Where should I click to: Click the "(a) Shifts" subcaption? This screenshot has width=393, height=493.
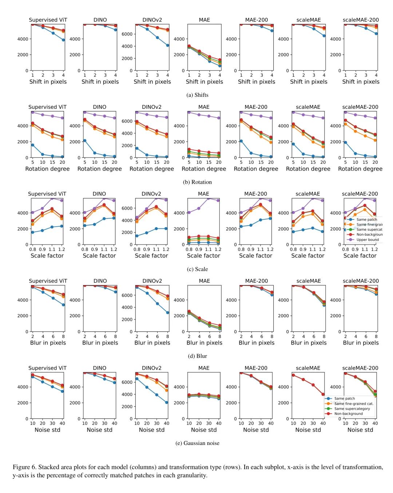(x=197, y=95)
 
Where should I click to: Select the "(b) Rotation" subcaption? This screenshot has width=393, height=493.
(x=197, y=182)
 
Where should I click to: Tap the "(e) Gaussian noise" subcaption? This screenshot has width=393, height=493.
(x=197, y=443)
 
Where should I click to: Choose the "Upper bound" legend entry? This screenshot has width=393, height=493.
(x=368, y=240)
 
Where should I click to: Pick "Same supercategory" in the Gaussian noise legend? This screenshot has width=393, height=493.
(x=352, y=409)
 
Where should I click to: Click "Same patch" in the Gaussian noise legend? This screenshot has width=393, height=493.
(x=344, y=398)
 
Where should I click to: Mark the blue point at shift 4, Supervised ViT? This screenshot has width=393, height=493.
(x=63, y=40)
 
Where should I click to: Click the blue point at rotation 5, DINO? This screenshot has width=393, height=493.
(x=85, y=140)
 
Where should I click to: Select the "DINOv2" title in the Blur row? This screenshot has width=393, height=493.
(x=152, y=281)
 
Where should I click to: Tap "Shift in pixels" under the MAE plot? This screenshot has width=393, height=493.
(x=204, y=82)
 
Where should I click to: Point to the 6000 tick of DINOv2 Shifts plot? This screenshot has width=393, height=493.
(x=127, y=34)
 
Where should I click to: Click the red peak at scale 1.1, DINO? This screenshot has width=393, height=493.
(x=104, y=205)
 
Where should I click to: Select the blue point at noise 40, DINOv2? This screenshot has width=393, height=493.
(x=167, y=402)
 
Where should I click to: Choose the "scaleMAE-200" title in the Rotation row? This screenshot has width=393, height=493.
(x=360, y=107)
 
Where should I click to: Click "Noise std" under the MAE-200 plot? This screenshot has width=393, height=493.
(x=256, y=430)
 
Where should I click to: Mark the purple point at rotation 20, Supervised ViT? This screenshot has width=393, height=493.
(x=62, y=118)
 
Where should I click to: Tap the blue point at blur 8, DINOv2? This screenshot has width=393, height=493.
(x=168, y=313)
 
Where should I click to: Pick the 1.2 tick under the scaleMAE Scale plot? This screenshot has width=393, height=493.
(x=322, y=249)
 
